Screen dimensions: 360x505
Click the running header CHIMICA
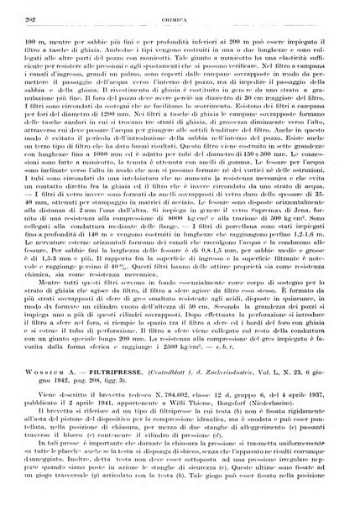(x=183, y=14)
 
